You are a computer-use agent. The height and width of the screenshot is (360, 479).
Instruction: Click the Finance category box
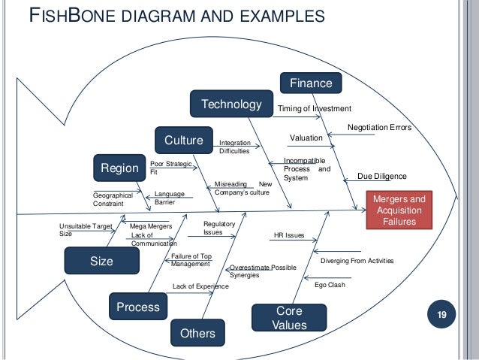(311, 83)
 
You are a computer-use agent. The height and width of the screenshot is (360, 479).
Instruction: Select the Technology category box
(231, 104)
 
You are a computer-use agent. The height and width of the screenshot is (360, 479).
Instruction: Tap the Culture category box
(184, 141)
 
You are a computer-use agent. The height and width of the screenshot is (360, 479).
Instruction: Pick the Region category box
(120, 169)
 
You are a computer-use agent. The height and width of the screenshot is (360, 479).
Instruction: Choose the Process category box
(138, 307)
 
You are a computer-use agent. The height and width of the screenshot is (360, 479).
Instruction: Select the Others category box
(197, 333)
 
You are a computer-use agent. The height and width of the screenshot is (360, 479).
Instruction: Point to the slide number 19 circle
(441, 314)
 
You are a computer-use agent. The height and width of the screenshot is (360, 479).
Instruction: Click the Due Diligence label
(381, 176)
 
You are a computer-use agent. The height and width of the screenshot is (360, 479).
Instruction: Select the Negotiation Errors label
(379, 128)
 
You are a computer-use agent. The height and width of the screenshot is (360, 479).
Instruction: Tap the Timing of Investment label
(315, 109)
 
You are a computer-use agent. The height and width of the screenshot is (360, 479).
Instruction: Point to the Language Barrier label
(169, 198)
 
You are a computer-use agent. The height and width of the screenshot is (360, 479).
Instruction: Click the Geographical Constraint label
(113, 199)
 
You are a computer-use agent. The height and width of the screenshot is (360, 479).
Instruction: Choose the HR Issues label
(290, 235)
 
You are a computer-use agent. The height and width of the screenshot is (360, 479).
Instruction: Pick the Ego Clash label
(330, 286)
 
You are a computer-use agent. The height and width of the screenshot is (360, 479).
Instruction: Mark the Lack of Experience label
(200, 286)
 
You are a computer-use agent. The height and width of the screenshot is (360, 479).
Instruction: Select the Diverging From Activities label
(357, 261)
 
